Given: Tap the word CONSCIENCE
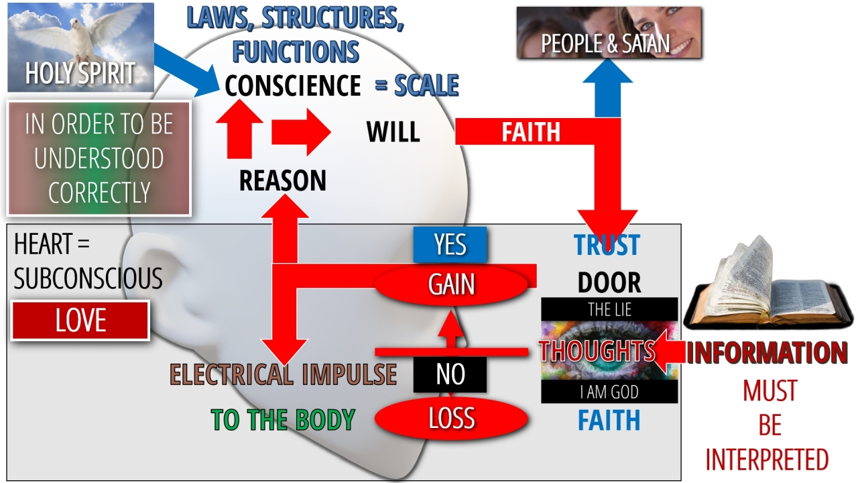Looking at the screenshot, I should coord(293,86).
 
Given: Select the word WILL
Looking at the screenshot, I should coord(393,132).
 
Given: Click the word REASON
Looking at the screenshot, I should coord(282,180).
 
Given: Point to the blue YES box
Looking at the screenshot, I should coord(450,245).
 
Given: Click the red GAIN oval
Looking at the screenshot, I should coord(451,284).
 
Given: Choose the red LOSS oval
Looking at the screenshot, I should coord(451,419).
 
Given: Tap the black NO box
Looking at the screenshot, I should coord(450,374).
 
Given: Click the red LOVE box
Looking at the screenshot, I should coord(80,321).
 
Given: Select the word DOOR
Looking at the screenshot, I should coord(609,283).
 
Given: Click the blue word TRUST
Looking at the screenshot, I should coord(607,246).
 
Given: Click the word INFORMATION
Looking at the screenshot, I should coord(767,354).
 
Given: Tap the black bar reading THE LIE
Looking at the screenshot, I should coord(609,310).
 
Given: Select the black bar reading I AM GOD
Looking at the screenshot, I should coord(609,392).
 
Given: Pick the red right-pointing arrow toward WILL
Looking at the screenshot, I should coord(300,132).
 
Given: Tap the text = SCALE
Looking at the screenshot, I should coord(416,86).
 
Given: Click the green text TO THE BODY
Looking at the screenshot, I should coord(282,419).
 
